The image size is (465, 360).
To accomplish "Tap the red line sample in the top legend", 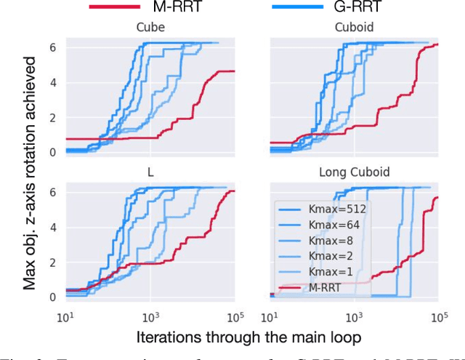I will click(124, 7).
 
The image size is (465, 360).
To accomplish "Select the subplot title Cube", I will click(150, 28).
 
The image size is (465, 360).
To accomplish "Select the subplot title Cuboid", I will click(354, 28).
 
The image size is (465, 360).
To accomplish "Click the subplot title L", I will click(150, 174).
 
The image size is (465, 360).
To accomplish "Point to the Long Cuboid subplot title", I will click(354, 174).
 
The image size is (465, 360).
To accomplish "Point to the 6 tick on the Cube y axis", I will click(52, 47).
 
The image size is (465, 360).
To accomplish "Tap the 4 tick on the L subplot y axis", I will click(52, 227).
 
